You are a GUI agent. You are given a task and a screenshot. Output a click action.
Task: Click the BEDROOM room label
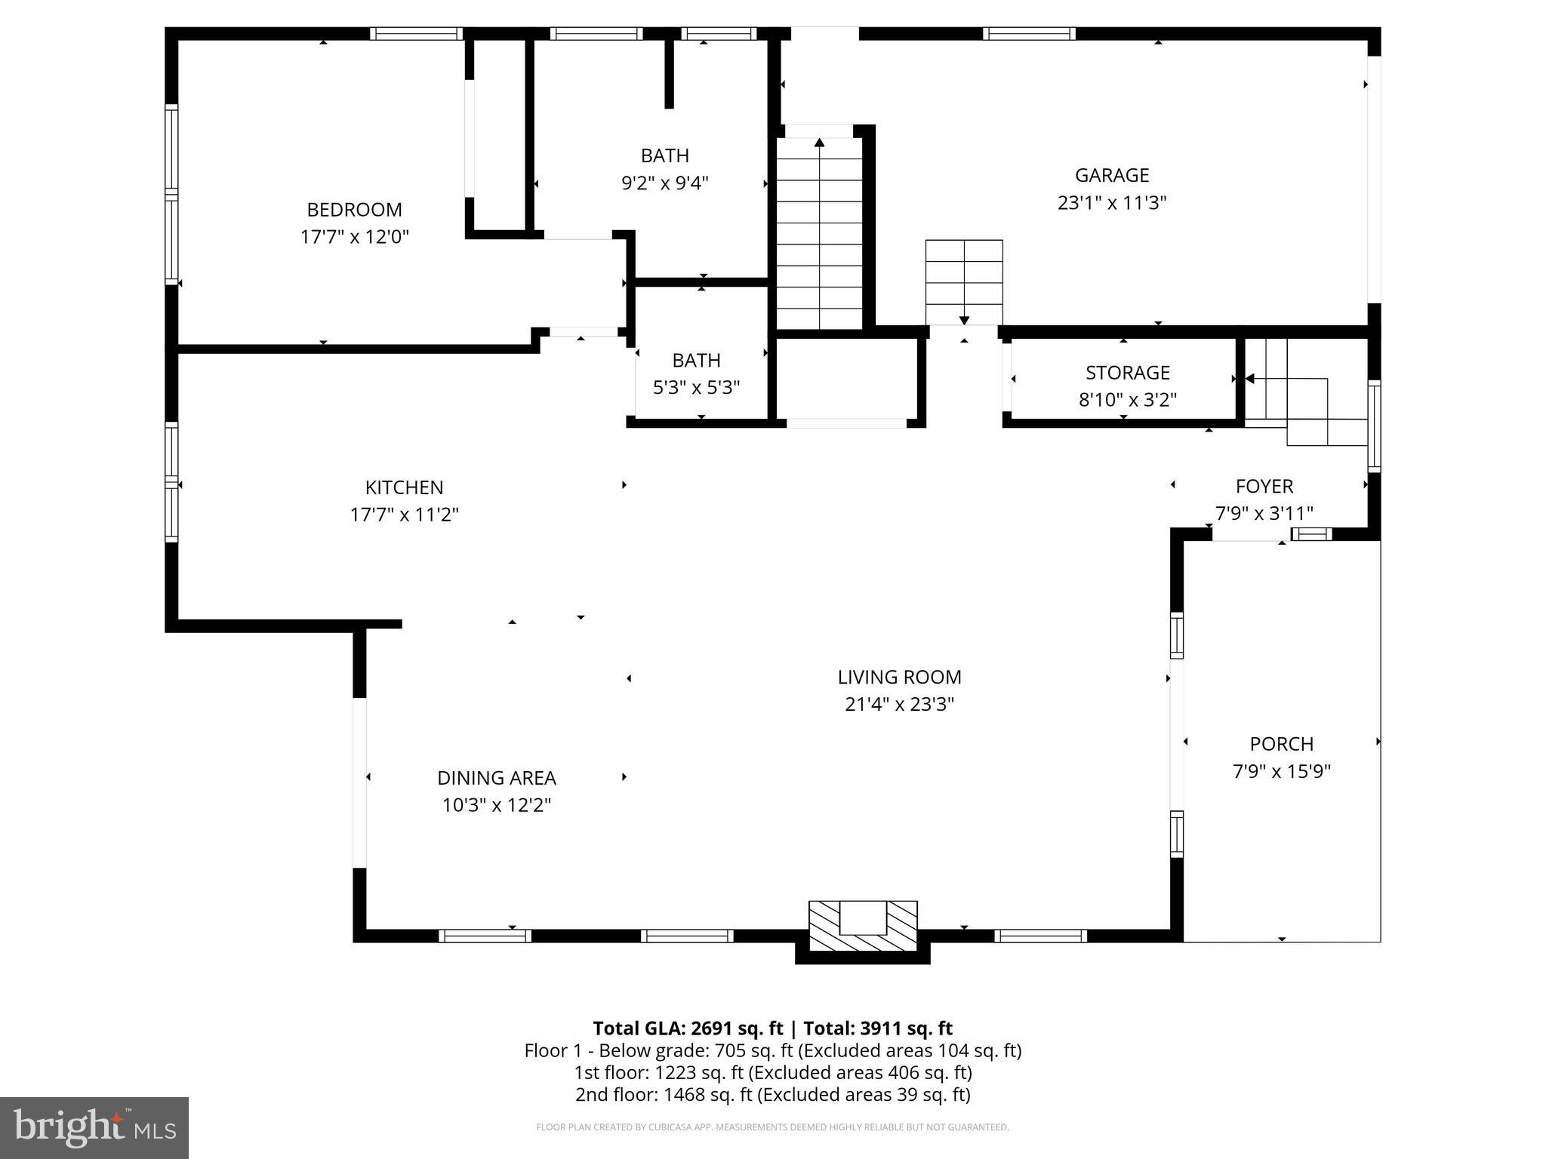[354, 210]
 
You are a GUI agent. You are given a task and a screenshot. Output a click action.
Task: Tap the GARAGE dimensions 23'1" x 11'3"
[1112, 203]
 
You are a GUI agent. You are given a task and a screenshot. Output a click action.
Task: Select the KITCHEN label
[404, 487]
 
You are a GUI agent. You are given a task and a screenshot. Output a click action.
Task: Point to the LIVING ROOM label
[899, 677]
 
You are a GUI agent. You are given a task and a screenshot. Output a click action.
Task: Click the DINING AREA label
[496, 778]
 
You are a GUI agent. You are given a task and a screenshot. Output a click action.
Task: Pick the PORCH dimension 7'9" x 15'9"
[1281, 772]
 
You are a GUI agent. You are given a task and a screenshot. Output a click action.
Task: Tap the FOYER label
[1264, 487]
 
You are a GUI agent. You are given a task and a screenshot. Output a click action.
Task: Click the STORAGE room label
[1127, 373]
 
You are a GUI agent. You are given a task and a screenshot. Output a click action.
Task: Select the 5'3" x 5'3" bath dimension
[696, 388]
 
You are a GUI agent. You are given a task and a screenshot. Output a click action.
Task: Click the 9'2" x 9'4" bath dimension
[664, 183]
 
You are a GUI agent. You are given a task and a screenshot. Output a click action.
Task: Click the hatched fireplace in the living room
[863, 927]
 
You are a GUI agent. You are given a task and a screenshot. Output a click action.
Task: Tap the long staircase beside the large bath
[819, 234]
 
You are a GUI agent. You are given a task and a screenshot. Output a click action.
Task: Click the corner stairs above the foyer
[1306, 392]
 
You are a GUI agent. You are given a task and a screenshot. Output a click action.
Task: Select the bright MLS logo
[94, 1128]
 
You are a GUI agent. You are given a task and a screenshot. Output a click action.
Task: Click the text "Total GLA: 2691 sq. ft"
[688, 1028]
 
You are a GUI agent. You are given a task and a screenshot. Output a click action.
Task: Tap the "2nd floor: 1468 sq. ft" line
[772, 1094]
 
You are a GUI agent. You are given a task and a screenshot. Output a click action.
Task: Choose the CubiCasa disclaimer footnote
[772, 1127]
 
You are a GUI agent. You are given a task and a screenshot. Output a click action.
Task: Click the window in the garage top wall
[1029, 33]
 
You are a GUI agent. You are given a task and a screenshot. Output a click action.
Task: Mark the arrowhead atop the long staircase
[819, 142]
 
